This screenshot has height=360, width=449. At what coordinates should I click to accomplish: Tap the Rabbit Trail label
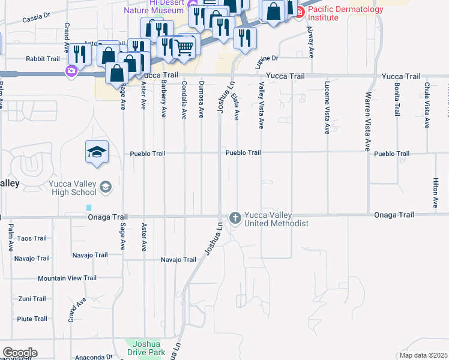tap(43, 59)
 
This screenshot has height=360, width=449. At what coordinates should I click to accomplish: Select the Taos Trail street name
tap(32, 238)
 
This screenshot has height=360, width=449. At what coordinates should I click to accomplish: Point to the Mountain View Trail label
tap(67, 278)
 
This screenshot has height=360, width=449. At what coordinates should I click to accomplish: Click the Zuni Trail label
tap(32, 298)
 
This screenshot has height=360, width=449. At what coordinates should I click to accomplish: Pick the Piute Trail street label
tap(32, 319)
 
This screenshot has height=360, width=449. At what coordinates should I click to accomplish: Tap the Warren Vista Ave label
tap(367, 121)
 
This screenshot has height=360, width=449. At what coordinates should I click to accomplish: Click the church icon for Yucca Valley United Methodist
tap(235, 217)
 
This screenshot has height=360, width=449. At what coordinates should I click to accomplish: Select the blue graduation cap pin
tap(96, 152)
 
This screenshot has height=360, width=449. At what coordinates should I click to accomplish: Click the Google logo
tap(20, 353)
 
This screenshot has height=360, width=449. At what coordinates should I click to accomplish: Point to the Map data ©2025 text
tap(423, 356)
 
